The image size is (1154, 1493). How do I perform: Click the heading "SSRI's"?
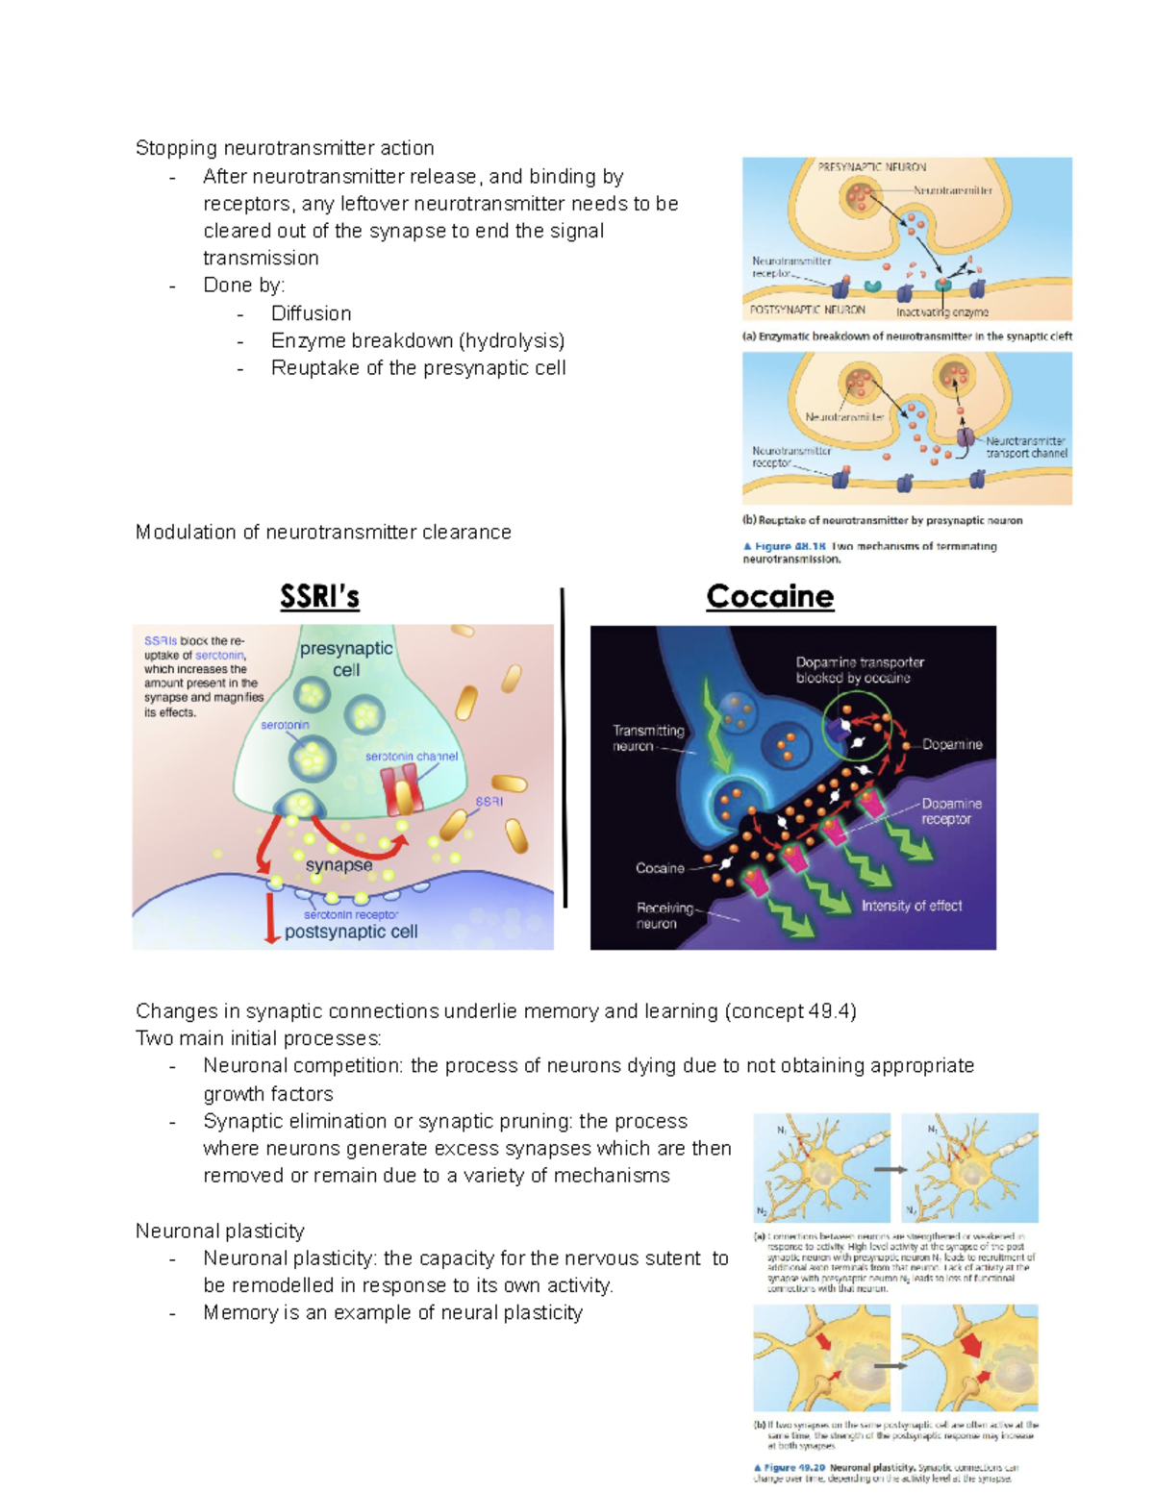[319, 597]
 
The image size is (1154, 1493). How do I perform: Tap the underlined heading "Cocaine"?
[769, 597]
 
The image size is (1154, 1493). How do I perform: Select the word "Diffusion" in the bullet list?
[311, 313]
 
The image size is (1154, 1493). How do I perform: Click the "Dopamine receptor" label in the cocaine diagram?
[950, 810]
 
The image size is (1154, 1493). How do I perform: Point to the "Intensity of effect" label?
[911, 906]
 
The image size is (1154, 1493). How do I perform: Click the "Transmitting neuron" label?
[648, 738]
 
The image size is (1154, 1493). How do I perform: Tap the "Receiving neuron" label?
[664, 915]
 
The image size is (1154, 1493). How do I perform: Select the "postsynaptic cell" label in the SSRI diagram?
[351, 932]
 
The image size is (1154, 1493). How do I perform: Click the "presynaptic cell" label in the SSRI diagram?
[346, 659]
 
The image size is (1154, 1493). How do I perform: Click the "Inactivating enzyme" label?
[941, 312]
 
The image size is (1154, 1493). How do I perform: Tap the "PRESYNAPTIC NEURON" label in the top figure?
[871, 167]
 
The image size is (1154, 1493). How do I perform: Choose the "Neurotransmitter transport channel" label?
[1025, 447]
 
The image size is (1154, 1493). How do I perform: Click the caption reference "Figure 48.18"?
[790, 546]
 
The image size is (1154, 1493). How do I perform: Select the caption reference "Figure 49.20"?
[794, 1468]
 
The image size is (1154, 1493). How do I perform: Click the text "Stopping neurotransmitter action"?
[285, 148]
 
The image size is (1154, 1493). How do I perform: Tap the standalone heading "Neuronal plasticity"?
[219, 1232]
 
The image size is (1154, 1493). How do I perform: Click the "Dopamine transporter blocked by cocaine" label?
[859, 670]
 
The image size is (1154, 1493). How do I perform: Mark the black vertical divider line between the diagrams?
[564, 750]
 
